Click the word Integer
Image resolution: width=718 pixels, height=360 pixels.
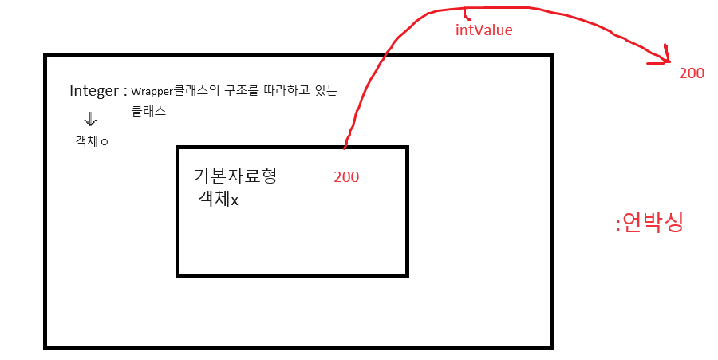pos(93,90)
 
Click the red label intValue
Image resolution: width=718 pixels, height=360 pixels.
pos(483,30)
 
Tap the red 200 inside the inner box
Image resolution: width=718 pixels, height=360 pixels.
pos(346,177)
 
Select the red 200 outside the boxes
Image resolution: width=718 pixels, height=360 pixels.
pos(692,73)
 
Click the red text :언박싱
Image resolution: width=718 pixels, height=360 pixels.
pos(649,223)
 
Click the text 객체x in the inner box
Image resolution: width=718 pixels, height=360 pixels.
pos(218,198)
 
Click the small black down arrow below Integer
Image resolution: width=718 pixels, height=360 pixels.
pos(90,120)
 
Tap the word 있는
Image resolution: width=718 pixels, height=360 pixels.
pos(327,91)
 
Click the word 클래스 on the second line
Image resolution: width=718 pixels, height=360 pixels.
pos(148,111)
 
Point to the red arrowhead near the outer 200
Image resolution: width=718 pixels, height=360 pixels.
pos(667,57)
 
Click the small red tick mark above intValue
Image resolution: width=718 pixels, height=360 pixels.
pos(467,14)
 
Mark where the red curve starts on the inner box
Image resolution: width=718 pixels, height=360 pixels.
pos(345,148)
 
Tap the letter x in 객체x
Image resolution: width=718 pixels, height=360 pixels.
pos(235,200)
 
